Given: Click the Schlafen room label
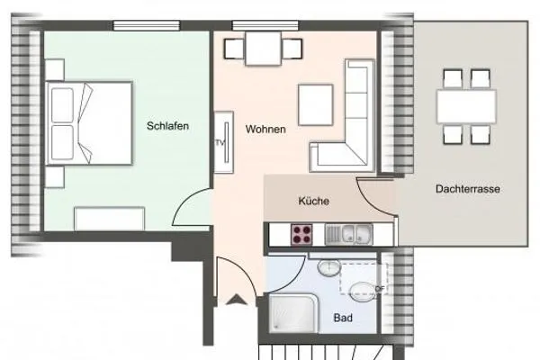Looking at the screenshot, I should (167, 127).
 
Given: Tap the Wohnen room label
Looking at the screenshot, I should (265, 130).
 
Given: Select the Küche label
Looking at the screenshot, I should (313, 202).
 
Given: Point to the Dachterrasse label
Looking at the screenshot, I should (467, 190).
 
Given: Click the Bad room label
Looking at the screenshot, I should (343, 319).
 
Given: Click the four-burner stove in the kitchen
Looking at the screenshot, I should (301, 236).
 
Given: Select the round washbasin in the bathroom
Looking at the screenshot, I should (330, 267).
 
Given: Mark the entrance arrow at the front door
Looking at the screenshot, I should (238, 302).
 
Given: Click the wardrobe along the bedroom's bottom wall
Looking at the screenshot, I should (110, 218).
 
